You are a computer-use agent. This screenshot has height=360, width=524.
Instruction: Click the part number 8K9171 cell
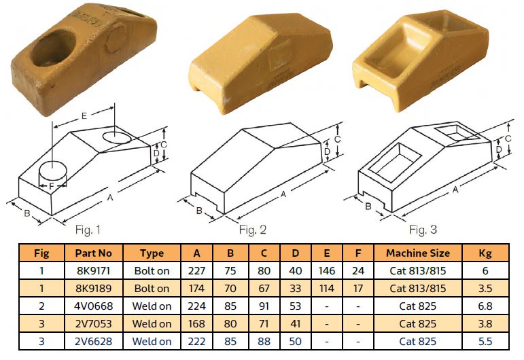(93, 270)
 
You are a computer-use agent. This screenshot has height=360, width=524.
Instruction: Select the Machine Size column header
(418, 253)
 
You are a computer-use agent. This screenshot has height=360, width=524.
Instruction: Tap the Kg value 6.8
(485, 306)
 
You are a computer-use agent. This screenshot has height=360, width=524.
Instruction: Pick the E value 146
(326, 270)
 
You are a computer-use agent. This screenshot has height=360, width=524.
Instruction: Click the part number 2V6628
(93, 341)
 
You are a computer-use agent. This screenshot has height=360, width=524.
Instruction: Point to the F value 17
(358, 288)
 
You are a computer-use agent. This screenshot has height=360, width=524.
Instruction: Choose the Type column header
(152, 253)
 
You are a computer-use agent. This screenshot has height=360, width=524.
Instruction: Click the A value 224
(196, 306)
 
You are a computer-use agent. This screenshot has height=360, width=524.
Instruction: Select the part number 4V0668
(93, 306)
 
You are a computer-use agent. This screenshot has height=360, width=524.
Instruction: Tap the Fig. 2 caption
(253, 230)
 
